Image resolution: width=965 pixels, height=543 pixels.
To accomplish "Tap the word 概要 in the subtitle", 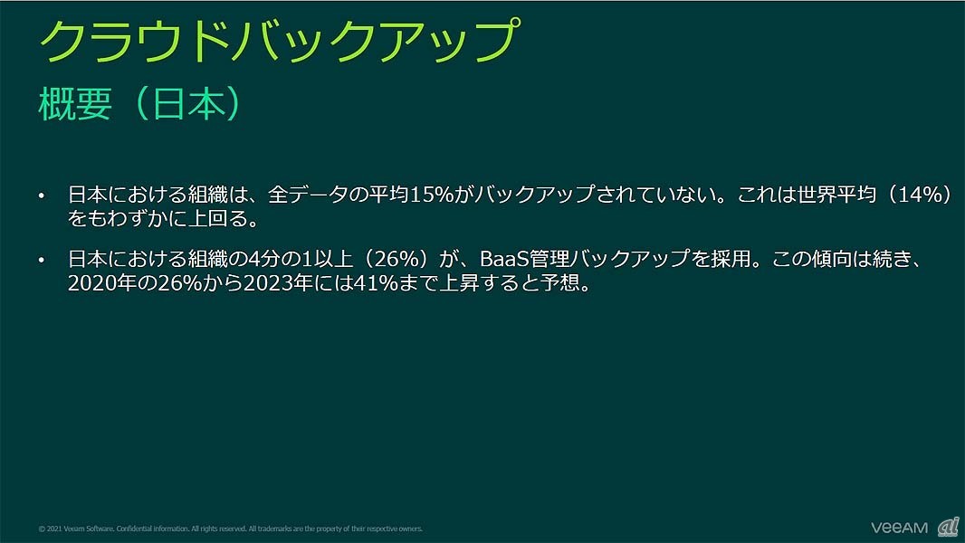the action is (x=75, y=103).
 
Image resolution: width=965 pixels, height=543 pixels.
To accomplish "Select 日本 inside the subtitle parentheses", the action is (x=188, y=103).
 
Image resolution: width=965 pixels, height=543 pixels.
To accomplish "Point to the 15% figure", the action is (x=432, y=195).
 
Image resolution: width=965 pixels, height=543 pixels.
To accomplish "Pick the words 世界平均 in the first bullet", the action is (x=836, y=195).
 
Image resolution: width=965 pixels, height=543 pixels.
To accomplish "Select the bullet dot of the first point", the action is (x=42, y=196).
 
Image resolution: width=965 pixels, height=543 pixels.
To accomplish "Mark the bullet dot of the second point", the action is (x=42, y=260).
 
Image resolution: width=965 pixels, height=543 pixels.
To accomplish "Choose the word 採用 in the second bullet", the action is (x=731, y=259).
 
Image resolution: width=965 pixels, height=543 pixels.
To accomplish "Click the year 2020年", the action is (x=102, y=283).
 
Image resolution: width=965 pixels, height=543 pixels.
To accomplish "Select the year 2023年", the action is (x=278, y=283).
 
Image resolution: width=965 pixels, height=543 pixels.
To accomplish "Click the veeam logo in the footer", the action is (x=899, y=528).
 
